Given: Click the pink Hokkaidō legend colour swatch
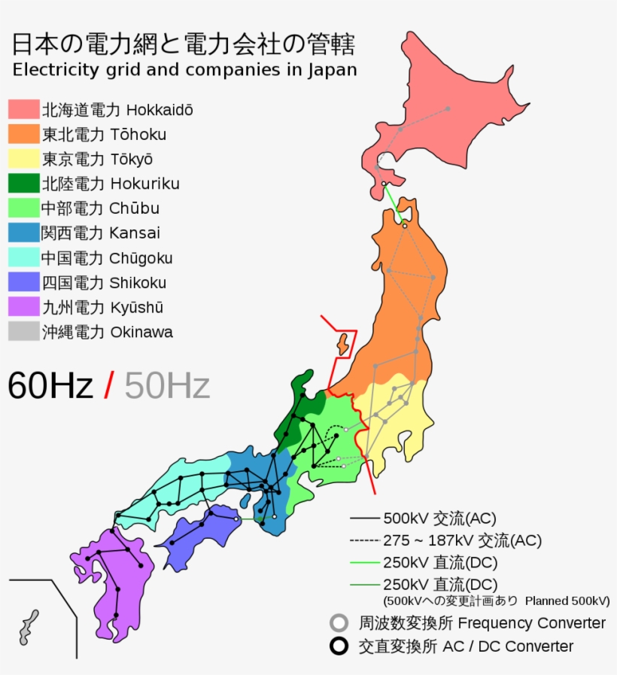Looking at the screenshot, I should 23,109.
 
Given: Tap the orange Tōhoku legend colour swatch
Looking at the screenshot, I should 23,134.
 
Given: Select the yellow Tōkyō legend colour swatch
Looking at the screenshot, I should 23,159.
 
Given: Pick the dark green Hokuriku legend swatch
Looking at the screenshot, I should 23,184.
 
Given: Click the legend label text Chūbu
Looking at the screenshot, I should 134,208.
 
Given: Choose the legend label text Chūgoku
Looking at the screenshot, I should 141,258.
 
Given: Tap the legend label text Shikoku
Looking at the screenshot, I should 138,283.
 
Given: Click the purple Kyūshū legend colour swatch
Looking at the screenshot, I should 23,307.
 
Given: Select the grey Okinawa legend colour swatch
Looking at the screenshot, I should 23,332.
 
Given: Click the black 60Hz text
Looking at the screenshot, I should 50,386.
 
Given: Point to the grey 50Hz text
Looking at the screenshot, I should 166,386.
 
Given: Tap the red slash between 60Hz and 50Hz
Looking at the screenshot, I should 109,386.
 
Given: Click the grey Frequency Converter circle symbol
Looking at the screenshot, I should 339,623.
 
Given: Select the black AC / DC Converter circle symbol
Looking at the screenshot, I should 339,646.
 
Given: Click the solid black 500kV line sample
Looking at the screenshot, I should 364,518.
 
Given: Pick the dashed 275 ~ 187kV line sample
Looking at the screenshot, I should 364,540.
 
